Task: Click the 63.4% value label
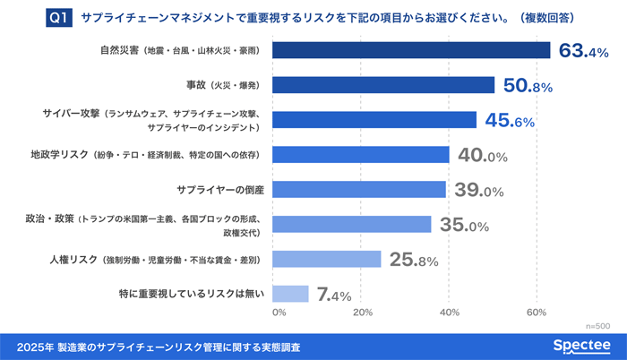[x=584, y=51]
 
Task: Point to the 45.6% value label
[x=510, y=121]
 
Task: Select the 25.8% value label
[x=415, y=260]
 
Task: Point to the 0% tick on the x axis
[x=279, y=313]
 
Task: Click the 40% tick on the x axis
[x=450, y=313]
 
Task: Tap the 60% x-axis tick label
[x=536, y=313]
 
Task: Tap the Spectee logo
[x=580, y=346]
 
